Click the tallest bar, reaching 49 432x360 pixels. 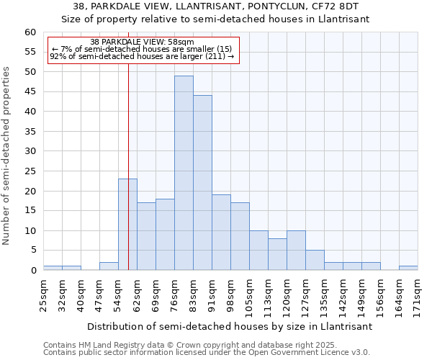(184, 173)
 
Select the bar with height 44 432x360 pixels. (202, 183)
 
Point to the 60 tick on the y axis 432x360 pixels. (30, 32)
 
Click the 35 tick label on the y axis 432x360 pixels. (30, 132)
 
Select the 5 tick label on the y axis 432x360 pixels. (32, 251)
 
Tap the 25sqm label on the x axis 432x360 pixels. (43, 296)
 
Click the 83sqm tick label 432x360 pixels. (193, 296)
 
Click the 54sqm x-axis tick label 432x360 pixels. (118, 296)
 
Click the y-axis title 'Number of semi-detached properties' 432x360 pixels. (7, 156)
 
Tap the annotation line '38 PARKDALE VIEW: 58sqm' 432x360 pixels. (143, 42)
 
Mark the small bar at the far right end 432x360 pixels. (408, 268)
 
